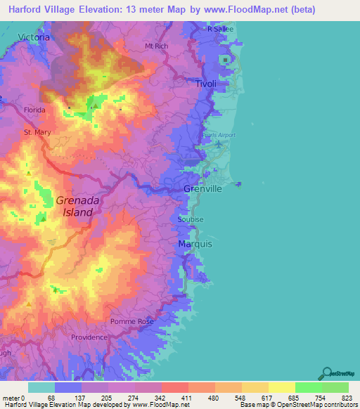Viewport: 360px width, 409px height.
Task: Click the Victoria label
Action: (34, 37)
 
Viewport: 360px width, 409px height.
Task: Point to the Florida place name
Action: (34, 110)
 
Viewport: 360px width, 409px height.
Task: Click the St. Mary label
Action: (37, 132)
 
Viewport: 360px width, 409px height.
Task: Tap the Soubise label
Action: (191, 219)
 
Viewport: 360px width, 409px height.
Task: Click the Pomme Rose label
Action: (131, 321)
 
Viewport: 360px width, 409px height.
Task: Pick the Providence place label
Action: (89, 337)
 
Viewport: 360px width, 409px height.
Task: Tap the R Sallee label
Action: (219, 29)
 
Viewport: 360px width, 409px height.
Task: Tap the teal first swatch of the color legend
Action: (41, 387)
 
